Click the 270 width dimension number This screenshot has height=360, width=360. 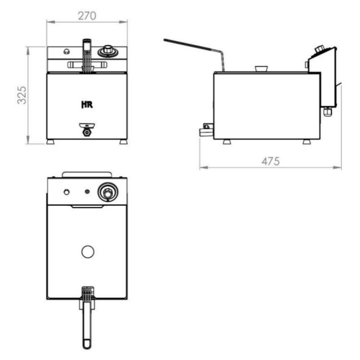[x=87, y=16]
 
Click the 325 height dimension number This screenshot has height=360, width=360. [x=22, y=95]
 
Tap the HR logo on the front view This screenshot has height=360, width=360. [x=87, y=105]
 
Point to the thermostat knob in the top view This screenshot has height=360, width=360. [x=108, y=192]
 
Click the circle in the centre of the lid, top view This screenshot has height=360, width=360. [x=88, y=252]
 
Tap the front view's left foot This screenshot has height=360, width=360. [x=51, y=142]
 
